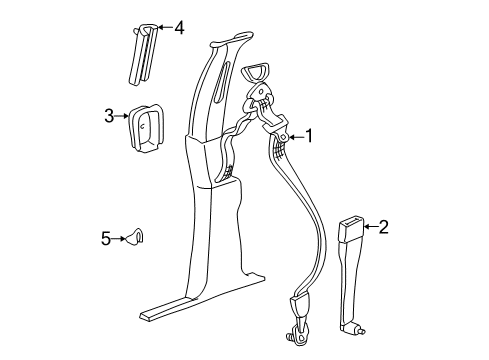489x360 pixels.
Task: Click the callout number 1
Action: pyautogui.click(x=311, y=137)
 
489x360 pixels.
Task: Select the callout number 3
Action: pyautogui.click(x=109, y=116)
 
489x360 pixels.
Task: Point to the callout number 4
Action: pyautogui.click(x=179, y=28)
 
